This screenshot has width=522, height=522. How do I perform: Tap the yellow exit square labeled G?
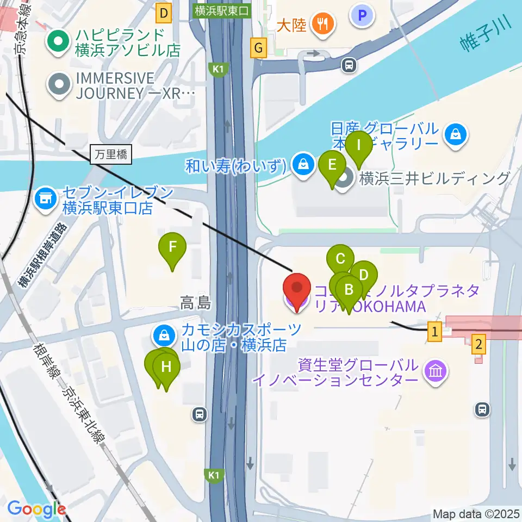coord(258,49)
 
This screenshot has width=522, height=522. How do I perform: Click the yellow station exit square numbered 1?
coord(434,331)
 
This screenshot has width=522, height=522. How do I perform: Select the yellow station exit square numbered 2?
coord(478,344)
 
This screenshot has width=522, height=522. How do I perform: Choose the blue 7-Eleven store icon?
coord(45,199)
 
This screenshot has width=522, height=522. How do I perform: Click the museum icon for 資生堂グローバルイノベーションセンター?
coord(436,372)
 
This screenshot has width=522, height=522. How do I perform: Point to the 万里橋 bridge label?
coord(110,155)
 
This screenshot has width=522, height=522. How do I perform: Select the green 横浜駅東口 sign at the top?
coord(223,11)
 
